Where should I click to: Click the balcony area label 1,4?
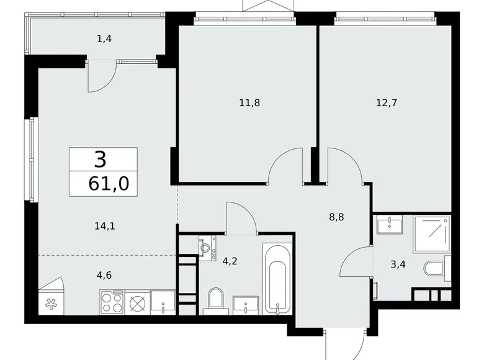click(104, 38)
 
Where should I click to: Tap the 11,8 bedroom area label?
click(249, 103)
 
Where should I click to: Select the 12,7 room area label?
click(385, 103)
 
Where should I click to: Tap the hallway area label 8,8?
click(336, 218)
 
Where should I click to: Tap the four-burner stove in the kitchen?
click(112, 303)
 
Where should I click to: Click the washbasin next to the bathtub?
click(246, 305)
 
